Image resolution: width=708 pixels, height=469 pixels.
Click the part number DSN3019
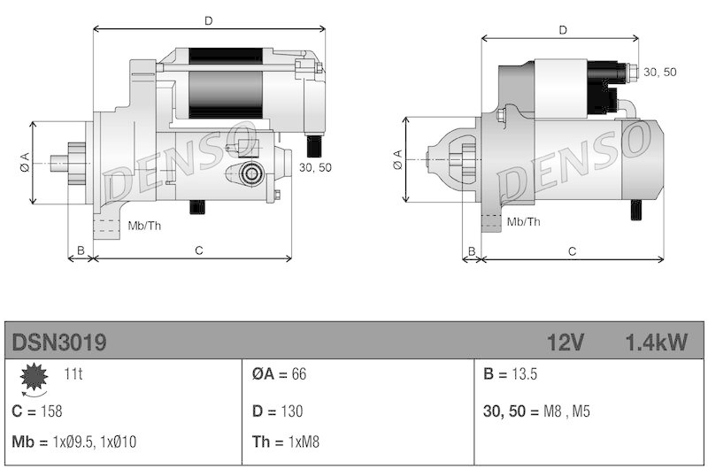[x=60, y=342]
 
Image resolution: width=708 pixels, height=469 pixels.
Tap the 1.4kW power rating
[x=655, y=342]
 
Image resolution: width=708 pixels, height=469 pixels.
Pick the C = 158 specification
[x=37, y=411]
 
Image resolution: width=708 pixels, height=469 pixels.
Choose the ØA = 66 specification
[x=279, y=374]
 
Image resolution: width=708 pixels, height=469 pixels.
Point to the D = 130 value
[x=277, y=411]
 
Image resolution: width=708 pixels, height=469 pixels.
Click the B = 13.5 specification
[x=512, y=374]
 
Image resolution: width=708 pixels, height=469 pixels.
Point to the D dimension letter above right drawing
[x=563, y=30]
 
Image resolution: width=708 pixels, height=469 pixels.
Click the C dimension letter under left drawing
[x=199, y=251]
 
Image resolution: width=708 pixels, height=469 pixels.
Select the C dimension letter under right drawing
[x=573, y=251]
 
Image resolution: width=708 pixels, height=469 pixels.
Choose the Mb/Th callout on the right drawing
[x=522, y=221]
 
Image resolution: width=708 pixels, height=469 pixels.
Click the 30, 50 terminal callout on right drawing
[x=659, y=72]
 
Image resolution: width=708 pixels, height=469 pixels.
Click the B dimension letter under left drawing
[x=81, y=251]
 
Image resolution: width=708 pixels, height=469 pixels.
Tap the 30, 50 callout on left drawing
[x=315, y=166]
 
